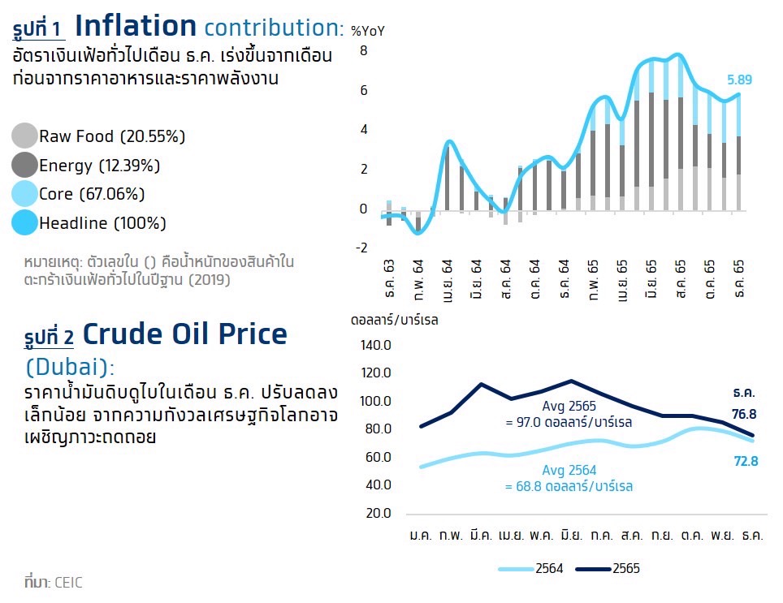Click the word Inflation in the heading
click(136, 26)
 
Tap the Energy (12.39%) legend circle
click(25, 166)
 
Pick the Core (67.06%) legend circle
click(25, 194)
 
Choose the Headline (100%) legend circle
click(25, 222)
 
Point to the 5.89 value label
click(740, 80)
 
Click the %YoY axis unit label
click(367, 32)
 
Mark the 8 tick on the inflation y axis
click(364, 51)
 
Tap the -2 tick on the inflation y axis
click(361, 248)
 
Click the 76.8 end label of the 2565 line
click(743, 413)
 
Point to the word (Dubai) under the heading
click(70, 366)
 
